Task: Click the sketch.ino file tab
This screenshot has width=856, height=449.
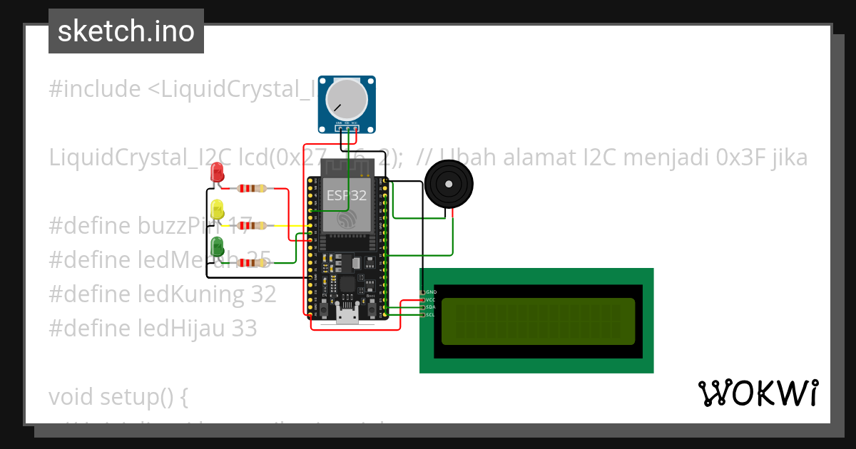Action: [x=126, y=31]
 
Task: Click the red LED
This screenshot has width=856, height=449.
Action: [x=218, y=173]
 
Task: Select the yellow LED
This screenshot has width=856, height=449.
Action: [x=218, y=210]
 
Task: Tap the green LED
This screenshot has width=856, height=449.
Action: [x=218, y=247]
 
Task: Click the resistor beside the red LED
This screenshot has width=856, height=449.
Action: [x=252, y=189]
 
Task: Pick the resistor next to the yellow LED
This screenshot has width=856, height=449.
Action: [x=252, y=226]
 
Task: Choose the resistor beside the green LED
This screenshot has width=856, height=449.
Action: [x=252, y=263]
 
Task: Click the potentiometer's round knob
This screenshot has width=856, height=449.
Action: [x=346, y=100]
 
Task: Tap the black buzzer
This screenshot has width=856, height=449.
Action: [x=447, y=185]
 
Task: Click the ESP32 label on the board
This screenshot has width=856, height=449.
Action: [x=347, y=195]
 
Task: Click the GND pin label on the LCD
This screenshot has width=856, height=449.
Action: [x=431, y=292]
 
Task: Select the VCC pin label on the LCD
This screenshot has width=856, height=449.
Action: [x=431, y=300]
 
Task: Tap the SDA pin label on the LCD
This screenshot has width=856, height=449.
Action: [x=431, y=307]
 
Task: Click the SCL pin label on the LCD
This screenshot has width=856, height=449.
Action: [x=431, y=314]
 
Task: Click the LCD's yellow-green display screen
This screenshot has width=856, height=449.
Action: [x=538, y=321]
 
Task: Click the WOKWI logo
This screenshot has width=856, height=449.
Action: [x=758, y=393]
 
